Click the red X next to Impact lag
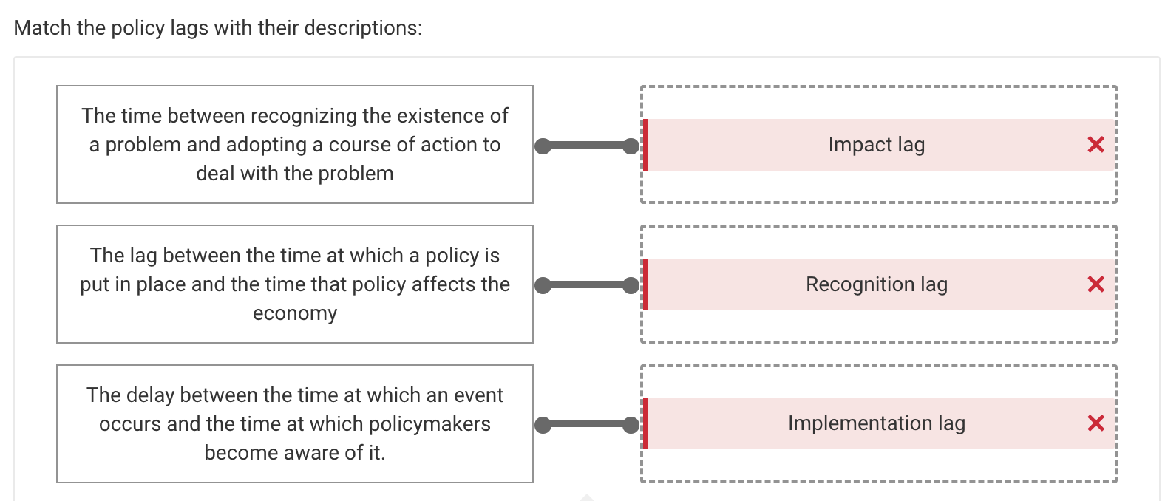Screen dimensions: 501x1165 (1096, 145)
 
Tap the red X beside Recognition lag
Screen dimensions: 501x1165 (1096, 284)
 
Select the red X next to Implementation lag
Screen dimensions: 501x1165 (1096, 423)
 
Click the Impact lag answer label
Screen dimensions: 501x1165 (876, 145)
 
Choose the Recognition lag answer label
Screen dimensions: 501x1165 (876, 284)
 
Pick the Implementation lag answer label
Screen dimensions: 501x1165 (876, 423)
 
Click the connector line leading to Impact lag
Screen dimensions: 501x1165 (587, 146)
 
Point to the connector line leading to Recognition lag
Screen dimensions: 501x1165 (587, 285)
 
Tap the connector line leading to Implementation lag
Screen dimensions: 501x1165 (587, 424)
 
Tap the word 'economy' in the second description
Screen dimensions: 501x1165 (295, 313)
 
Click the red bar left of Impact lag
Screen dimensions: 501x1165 (645, 145)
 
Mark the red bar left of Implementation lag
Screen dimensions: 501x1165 (645, 423)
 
